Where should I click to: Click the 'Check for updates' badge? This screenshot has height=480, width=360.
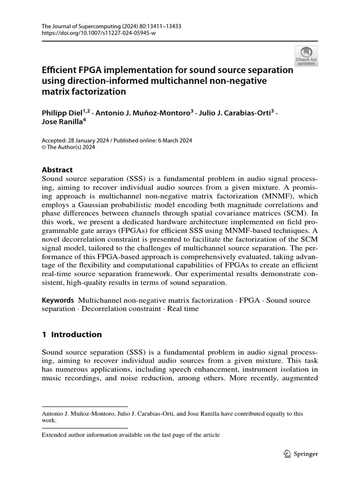(x=306, y=56)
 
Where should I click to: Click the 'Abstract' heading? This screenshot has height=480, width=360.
(x=57, y=170)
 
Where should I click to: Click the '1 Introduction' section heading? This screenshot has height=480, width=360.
(x=72, y=334)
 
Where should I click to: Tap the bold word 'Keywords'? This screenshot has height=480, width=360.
(x=58, y=300)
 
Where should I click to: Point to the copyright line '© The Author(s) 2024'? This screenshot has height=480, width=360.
(x=68, y=147)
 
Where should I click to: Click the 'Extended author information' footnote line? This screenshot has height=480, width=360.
(x=131, y=435)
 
